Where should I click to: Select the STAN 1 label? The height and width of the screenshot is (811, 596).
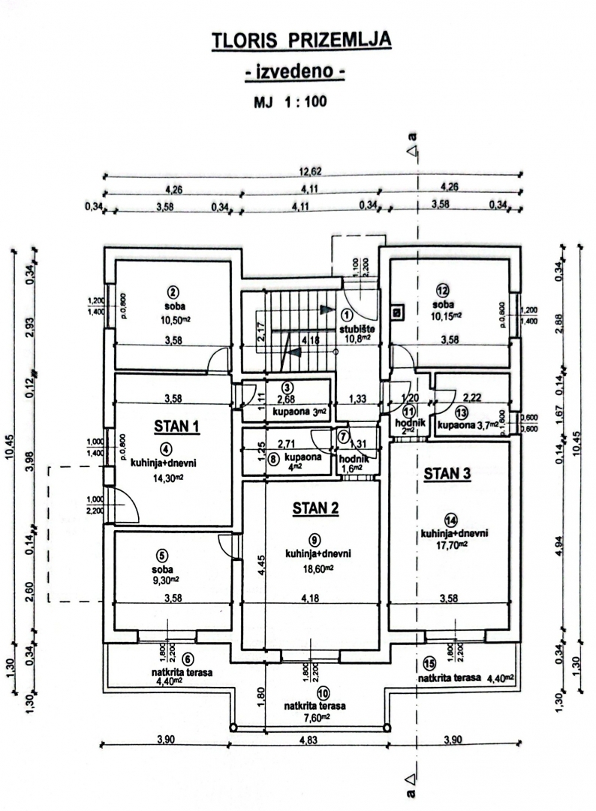[176, 427]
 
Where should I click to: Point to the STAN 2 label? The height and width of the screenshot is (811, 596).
[315, 508]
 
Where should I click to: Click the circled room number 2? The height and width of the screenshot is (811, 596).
[172, 292]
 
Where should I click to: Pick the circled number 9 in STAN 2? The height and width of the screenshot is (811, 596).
[315, 538]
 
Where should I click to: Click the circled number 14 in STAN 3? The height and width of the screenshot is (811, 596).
[450, 520]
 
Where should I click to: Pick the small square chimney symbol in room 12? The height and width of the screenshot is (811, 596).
[396, 310]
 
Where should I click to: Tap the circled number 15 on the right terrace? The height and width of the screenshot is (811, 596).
[429, 662]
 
